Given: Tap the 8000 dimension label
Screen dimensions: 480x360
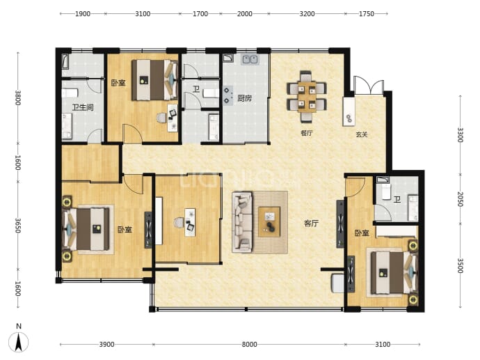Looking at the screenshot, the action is coord(249,345).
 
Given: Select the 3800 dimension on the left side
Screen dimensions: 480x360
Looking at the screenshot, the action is coord(18,97).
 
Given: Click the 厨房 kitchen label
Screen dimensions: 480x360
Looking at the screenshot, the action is coord(245,98).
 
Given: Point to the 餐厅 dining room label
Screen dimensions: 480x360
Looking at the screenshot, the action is coord(306,133).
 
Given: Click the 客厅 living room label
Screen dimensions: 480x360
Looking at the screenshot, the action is coord(311,224).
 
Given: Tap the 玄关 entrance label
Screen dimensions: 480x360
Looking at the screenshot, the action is coord(362,134).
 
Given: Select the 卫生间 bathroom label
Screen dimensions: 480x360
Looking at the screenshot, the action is coord(83,107).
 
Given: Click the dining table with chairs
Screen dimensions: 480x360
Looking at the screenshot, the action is coord(306,96).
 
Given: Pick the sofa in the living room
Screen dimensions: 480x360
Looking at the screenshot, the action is coord(243,222).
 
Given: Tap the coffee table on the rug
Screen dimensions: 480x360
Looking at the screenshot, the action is coord(269,222).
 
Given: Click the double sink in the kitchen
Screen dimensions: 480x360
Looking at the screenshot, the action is coord(250,59).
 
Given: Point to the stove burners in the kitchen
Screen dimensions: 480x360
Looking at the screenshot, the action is coord(227,95).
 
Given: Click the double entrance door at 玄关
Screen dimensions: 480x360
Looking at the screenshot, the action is coord(369,84).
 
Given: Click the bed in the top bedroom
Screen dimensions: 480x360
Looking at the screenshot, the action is coord(155,80).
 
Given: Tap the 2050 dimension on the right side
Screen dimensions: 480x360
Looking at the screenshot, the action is coord(460,199).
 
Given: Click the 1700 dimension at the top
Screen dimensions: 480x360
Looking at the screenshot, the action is coord(200,14).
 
